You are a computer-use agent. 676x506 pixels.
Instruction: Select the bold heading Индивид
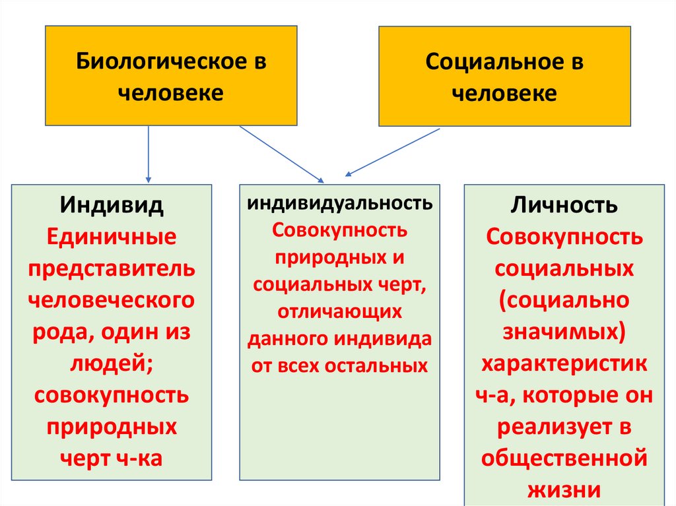[112, 205]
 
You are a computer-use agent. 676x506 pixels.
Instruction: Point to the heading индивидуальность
[340, 203]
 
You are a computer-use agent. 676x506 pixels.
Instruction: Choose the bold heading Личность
[564, 205]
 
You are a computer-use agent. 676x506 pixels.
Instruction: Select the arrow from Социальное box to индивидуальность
[393, 152]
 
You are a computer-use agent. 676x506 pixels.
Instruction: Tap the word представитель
[112, 268]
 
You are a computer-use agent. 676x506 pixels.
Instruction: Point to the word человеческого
[112, 300]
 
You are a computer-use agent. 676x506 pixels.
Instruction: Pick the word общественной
[564, 458]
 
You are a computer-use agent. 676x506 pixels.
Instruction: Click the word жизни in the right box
[564, 490]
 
